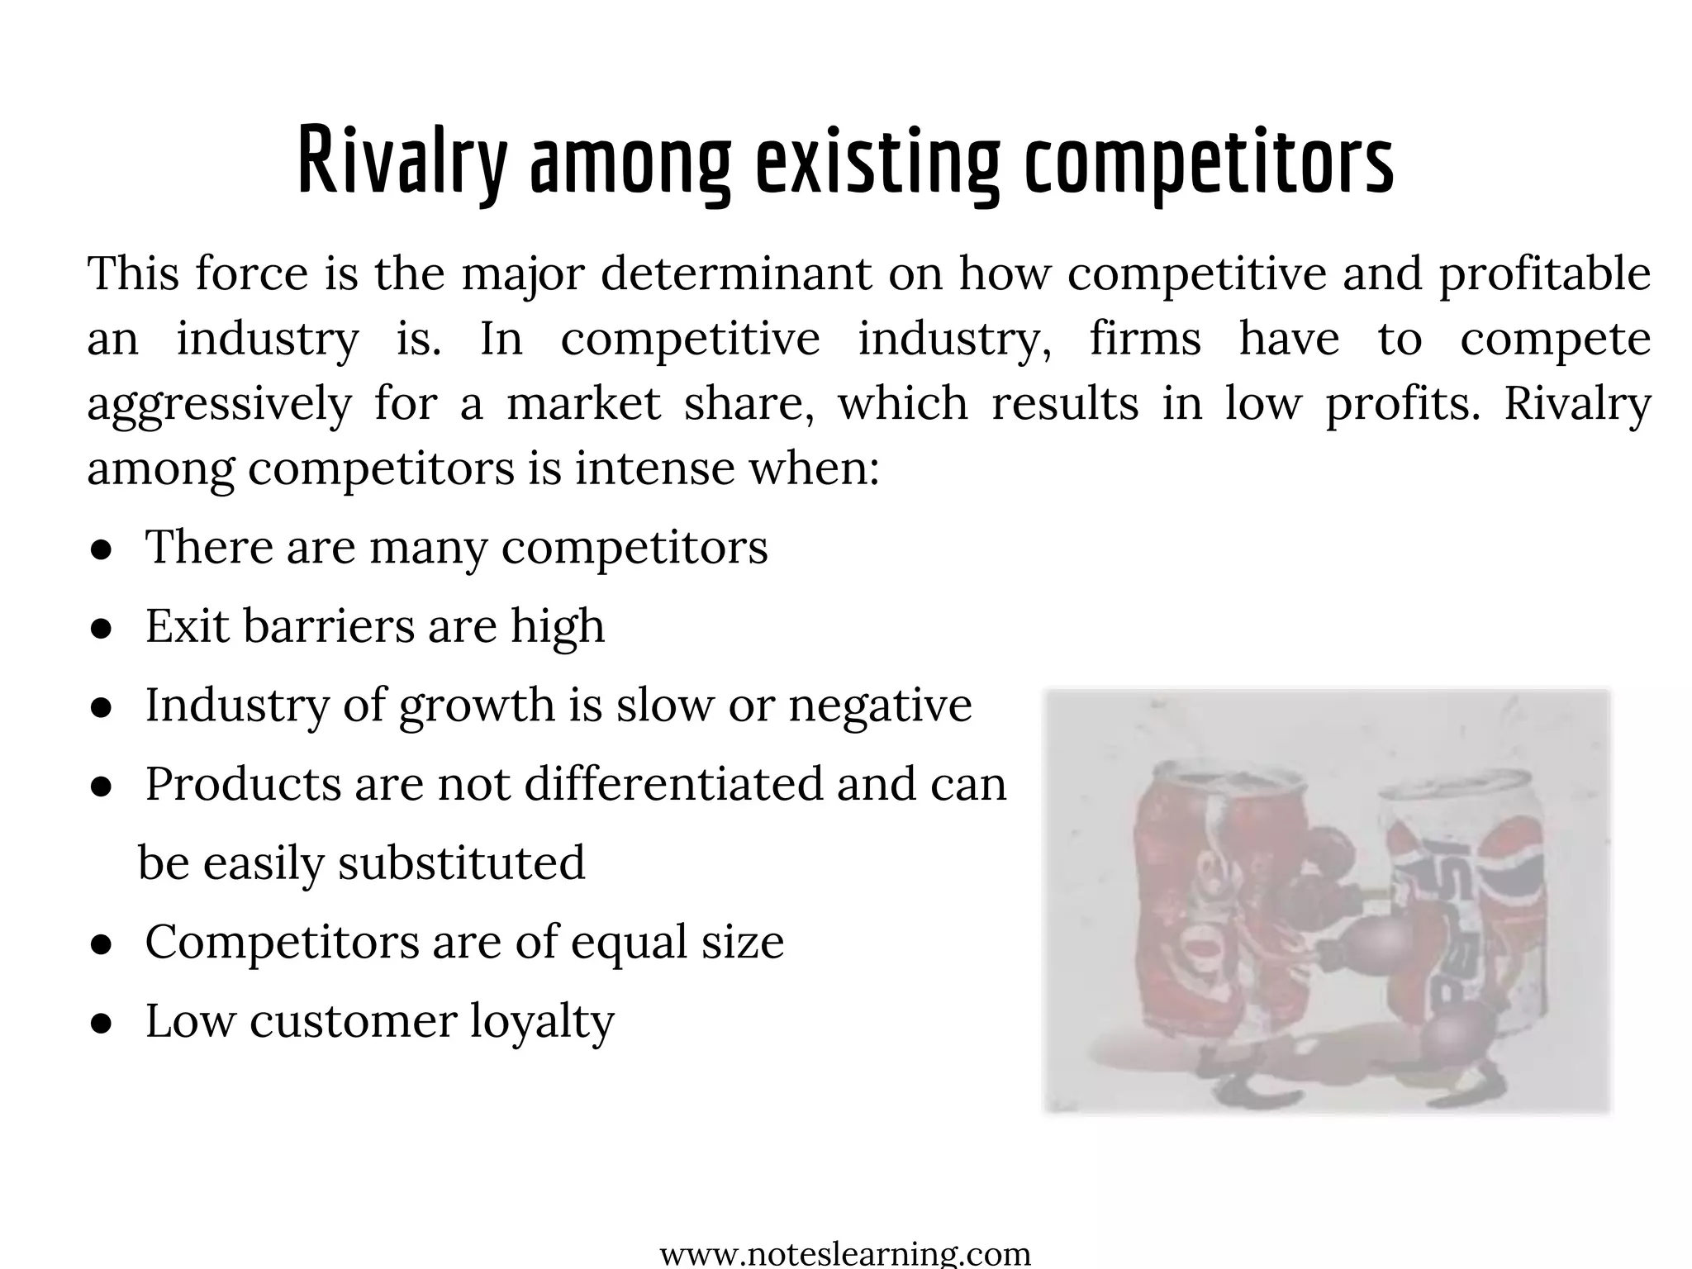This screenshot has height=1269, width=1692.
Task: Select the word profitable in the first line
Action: [x=1545, y=273]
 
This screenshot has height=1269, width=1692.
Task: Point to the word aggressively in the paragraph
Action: [x=219, y=405]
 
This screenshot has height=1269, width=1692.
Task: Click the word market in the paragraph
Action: [x=583, y=403]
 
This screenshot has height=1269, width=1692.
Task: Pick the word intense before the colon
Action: [x=654, y=468]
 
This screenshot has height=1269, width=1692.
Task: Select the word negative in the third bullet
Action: [x=880, y=706]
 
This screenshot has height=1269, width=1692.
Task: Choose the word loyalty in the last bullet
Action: [x=542, y=1022]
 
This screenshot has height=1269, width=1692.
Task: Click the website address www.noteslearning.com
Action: [x=845, y=1254]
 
